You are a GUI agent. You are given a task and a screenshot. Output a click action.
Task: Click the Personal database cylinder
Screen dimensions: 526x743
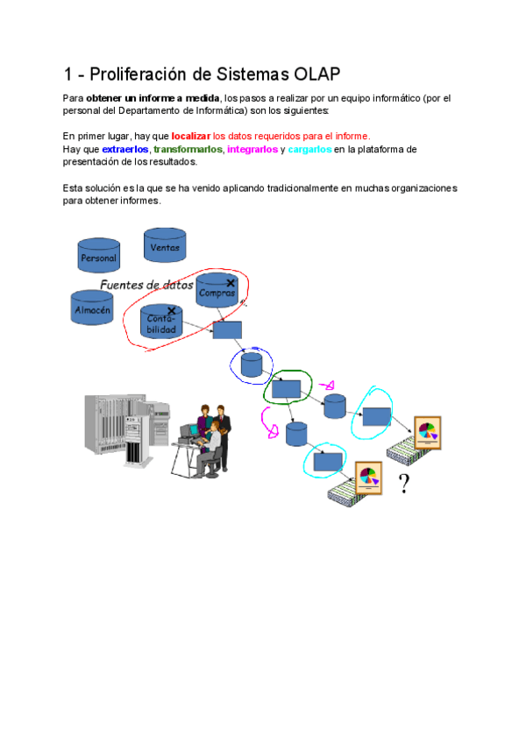[x=98, y=255]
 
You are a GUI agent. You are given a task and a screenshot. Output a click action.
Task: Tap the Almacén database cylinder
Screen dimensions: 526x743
[x=92, y=308]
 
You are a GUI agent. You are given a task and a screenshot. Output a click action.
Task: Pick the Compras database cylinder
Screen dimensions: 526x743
[x=217, y=291]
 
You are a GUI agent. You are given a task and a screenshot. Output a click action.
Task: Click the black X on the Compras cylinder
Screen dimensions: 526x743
[x=230, y=283]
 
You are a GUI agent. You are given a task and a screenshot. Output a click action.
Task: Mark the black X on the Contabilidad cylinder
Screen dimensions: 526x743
[x=171, y=310]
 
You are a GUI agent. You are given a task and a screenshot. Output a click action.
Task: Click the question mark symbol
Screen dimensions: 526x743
[x=403, y=483]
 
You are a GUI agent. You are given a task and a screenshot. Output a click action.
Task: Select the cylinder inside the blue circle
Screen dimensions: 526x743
[x=252, y=364]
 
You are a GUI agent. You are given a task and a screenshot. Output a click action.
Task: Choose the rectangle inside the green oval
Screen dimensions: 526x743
[x=287, y=388]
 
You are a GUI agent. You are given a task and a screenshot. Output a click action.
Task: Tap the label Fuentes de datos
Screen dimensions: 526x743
[x=146, y=285]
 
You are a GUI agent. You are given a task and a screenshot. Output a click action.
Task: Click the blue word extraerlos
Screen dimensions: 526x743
[x=125, y=150]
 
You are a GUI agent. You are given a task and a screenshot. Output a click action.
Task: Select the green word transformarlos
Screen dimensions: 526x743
[x=188, y=150]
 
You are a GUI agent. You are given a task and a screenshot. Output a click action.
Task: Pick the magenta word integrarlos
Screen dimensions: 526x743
[x=252, y=150]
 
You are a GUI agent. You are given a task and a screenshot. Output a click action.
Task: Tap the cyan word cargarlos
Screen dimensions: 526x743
[x=309, y=150]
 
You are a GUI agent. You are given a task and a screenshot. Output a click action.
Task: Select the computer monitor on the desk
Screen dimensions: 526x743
[x=189, y=431]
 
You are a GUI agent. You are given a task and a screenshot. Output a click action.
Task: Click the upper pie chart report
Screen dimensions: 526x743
[x=427, y=432]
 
